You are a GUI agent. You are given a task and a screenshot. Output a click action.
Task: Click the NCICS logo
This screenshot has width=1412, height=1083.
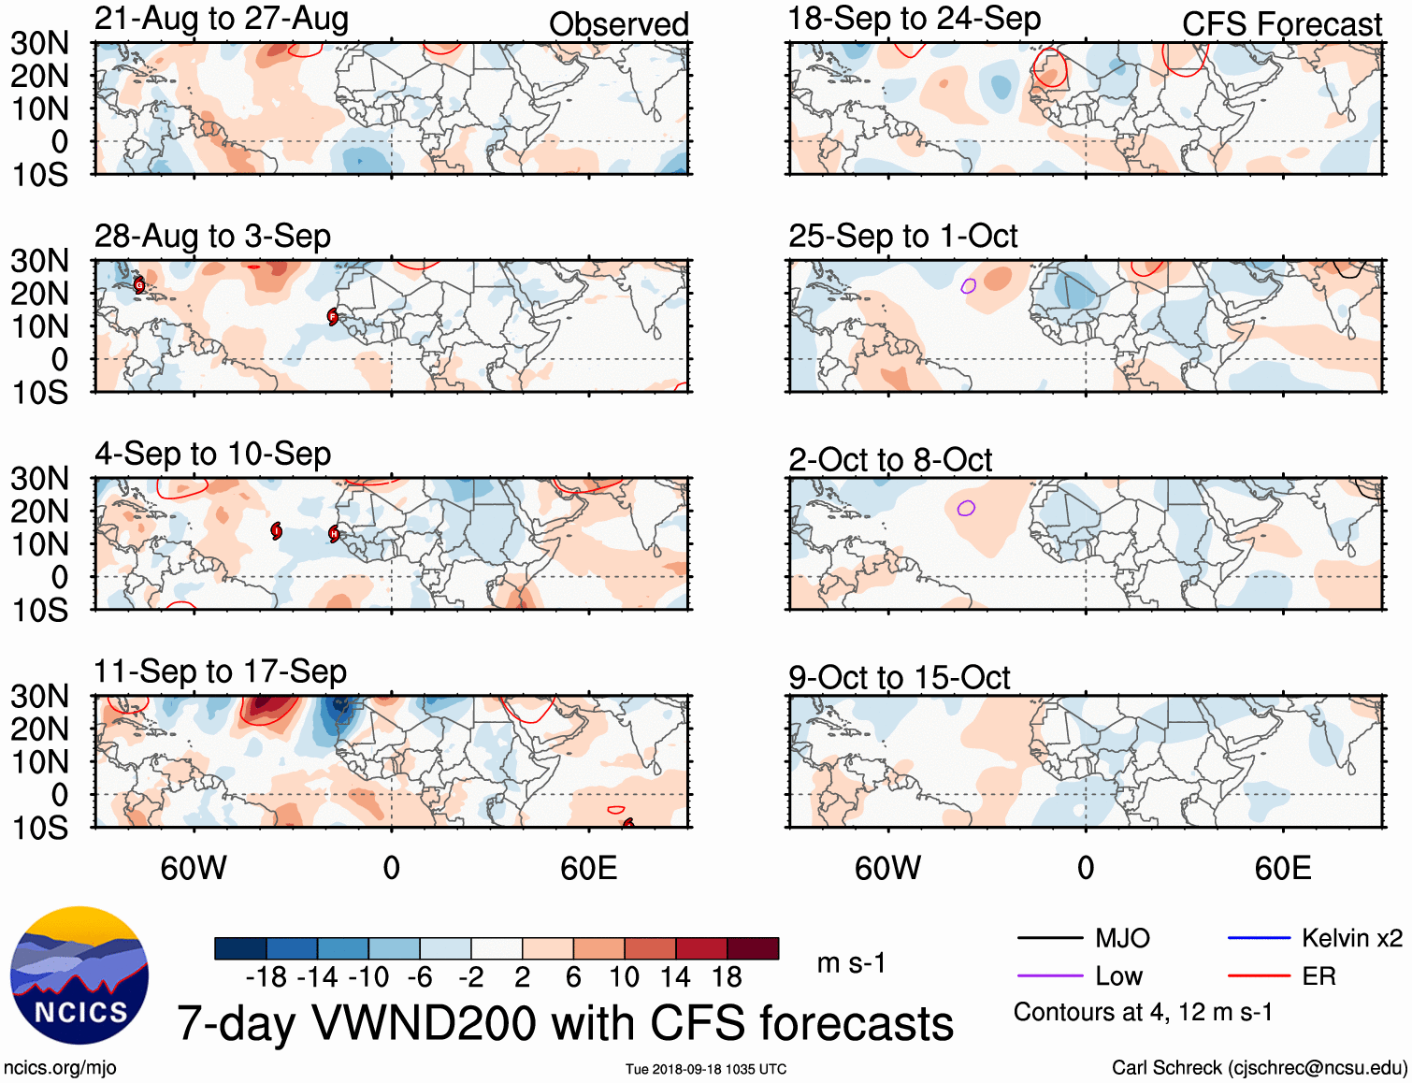click(x=79, y=975)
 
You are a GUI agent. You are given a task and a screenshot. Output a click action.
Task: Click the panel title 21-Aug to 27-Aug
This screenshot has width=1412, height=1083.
click(x=222, y=19)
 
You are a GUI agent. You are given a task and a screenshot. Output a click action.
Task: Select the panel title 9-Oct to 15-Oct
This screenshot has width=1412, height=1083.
click(x=899, y=677)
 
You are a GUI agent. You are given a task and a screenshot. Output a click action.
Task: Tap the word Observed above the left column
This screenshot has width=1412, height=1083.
click(x=618, y=24)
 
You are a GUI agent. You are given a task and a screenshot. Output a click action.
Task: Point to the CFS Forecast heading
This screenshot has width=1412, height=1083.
click(x=1281, y=24)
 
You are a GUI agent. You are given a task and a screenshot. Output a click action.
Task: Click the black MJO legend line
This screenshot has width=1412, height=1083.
click(x=1049, y=938)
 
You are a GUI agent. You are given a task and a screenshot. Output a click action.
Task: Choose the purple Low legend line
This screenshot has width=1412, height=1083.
click(x=1049, y=976)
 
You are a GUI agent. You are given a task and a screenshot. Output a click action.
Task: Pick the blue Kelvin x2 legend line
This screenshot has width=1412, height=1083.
click(x=1259, y=938)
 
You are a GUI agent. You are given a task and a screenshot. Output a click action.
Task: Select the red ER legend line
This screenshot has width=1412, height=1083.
click(x=1259, y=976)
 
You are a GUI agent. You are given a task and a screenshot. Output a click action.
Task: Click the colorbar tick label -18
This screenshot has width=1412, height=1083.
click(x=267, y=977)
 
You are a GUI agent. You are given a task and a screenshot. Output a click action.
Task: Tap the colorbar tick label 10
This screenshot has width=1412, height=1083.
click(x=624, y=977)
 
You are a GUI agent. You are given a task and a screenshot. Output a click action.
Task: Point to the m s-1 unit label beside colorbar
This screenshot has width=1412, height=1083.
click(x=851, y=963)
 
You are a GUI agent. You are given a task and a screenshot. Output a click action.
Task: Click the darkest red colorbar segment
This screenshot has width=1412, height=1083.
click(x=753, y=948)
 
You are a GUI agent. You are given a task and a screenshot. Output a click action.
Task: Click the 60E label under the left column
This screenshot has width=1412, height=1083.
click(x=589, y=868)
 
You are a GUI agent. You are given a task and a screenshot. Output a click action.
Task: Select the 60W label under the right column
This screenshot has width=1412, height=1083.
click(x=887, y=868)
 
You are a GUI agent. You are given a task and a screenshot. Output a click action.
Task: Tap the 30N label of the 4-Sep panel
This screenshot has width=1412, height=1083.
click(x=40, y=479)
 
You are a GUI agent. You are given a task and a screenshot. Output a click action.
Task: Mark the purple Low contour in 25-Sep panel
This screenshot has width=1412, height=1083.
click(x=969, y=285)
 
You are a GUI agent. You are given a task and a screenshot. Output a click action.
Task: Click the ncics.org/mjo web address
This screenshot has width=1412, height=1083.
click(x=60, y=1068)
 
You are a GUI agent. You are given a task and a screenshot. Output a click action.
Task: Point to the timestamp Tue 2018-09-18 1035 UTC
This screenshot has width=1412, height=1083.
click(x=706, y=1069)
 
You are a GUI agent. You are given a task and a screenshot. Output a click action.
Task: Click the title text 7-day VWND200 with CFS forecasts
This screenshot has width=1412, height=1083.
click(x=565, y=1023)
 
